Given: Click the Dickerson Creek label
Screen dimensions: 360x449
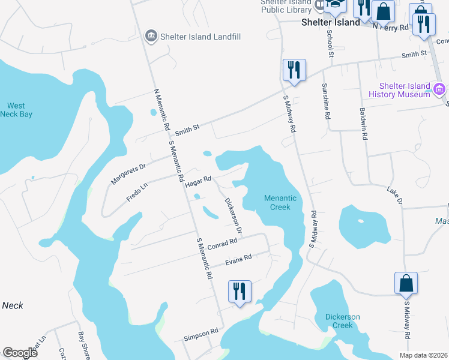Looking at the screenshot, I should [342, 321].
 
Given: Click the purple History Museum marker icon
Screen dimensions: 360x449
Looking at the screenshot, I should [439, 90].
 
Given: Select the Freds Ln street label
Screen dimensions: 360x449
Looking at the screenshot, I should [137, 192].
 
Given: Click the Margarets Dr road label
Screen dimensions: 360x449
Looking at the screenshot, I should [128, 174].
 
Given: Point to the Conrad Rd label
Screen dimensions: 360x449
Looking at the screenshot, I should [223, 244].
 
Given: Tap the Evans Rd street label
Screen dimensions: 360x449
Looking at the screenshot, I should [238, 260].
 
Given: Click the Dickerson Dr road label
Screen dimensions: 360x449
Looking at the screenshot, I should [233, 215].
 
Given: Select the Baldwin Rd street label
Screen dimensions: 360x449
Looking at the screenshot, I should [363, 124].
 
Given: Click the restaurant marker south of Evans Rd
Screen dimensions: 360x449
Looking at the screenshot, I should [240, 291].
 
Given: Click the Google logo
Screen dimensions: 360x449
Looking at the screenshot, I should [20, 353].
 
